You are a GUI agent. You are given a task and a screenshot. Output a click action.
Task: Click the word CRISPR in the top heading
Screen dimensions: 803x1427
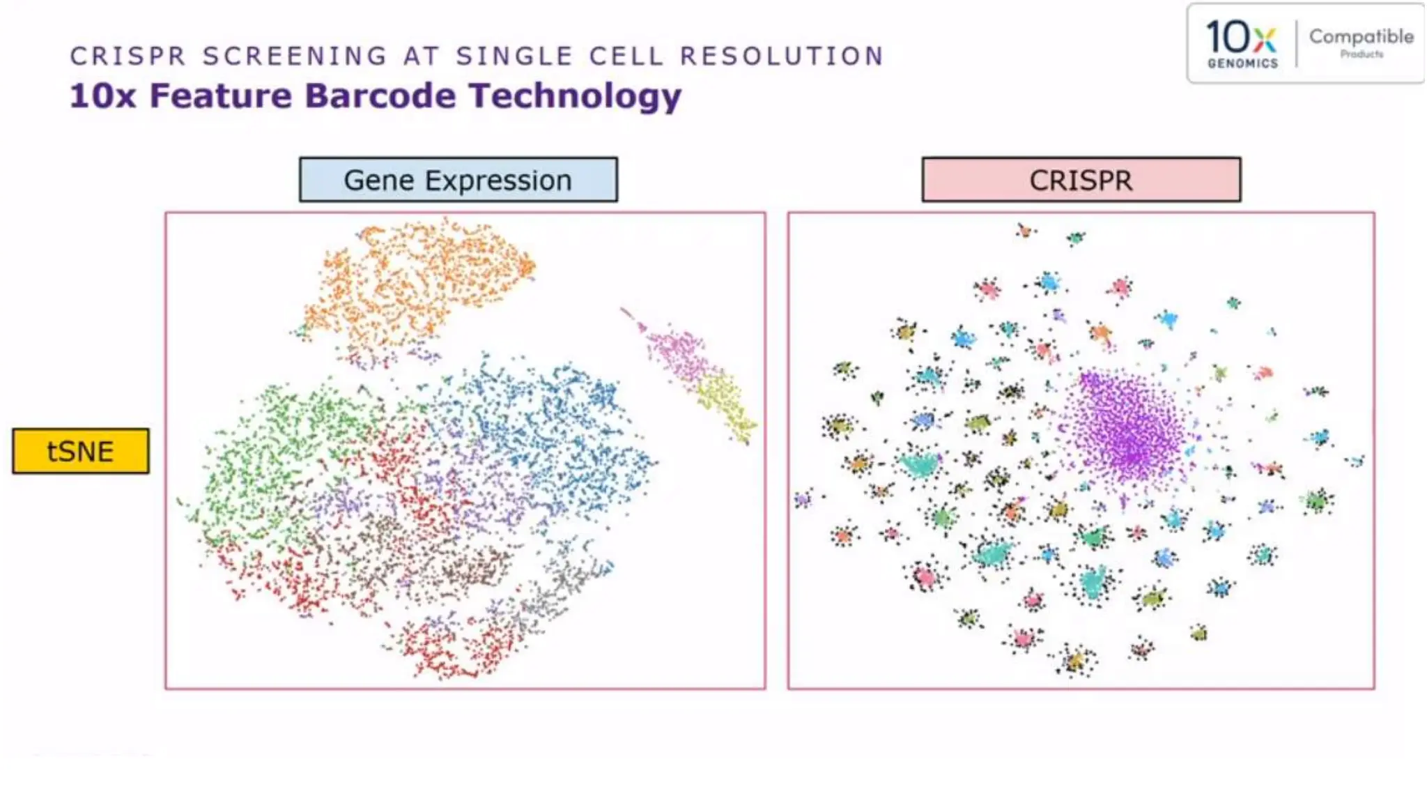(x=128, y=56)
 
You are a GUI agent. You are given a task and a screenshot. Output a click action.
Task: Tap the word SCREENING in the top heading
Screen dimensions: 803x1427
(x=295, y=56)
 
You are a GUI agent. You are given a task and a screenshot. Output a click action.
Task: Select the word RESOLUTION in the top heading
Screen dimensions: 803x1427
(x=782, y=56)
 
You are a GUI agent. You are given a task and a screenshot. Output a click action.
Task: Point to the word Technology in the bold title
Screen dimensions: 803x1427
(x=575, y=95)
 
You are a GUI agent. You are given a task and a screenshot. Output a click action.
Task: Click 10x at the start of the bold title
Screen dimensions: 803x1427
(x=102, y=95)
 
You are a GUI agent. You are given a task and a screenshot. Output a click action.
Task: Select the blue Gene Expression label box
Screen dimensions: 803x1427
(x=458, y=180)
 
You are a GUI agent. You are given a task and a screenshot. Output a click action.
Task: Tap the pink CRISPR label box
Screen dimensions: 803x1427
(x=1081, y=180)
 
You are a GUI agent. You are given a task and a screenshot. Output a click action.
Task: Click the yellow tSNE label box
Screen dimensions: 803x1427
(x=80, y=451)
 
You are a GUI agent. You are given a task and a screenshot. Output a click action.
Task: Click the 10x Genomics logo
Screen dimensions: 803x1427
(x=1242, y=43)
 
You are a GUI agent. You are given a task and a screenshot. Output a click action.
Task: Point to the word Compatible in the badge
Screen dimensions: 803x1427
(x=1361, y=36)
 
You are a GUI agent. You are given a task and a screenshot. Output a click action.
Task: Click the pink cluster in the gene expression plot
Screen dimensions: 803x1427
(x=676, y=352)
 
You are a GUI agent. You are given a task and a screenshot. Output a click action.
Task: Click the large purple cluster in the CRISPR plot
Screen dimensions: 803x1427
(x=1129, y=425)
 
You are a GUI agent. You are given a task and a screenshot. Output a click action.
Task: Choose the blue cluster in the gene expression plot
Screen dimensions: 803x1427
(x=557, y=432)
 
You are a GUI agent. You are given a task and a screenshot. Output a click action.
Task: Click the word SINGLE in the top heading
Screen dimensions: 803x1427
(x=514, y=56)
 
